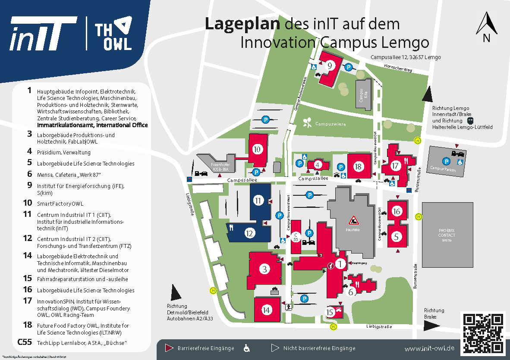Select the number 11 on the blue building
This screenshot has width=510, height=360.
pos(258,200)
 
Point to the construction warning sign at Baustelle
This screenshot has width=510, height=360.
pos(354,220)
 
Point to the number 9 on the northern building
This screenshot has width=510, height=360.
pos(330,66)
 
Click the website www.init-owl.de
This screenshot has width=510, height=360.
pos(430,348)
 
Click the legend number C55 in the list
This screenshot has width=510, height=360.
pos(25,342)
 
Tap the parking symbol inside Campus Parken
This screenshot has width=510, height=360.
pos(447,161)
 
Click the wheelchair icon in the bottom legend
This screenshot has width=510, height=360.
pos(247,347)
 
